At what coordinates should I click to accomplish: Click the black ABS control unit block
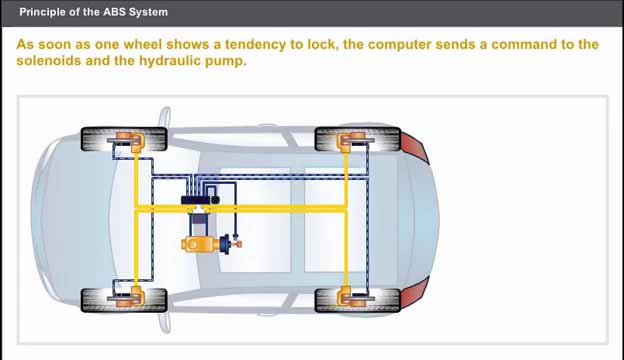tap(200, 200)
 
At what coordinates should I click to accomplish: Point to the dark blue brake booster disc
tap(225, 244)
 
